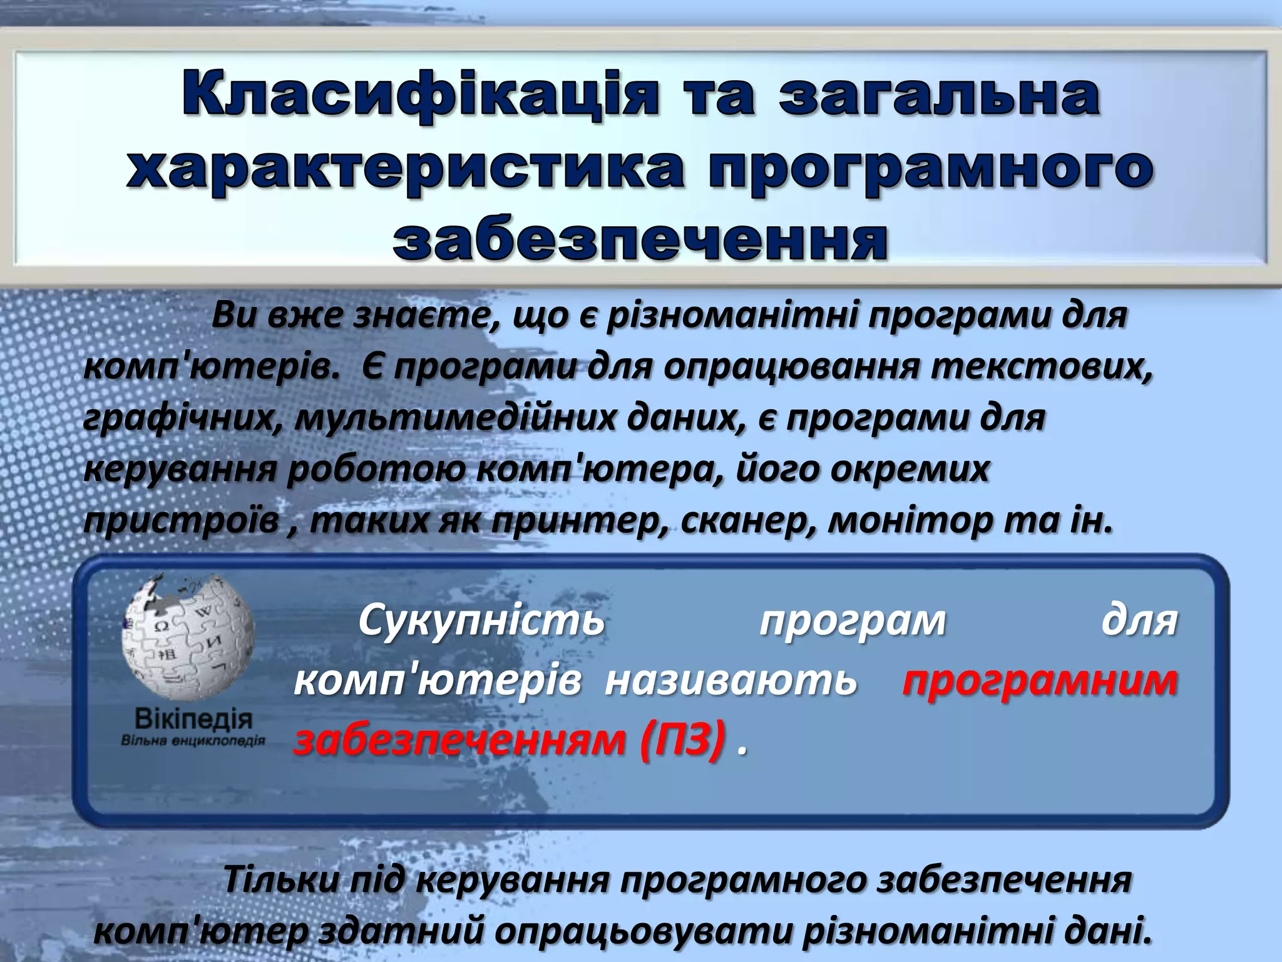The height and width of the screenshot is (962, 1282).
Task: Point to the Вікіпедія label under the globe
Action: [193, 719]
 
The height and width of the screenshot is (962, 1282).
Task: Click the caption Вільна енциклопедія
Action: [193, 741]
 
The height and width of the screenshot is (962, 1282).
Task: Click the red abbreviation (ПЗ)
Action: [683, 740]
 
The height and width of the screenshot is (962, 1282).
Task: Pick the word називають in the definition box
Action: [731, 680]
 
